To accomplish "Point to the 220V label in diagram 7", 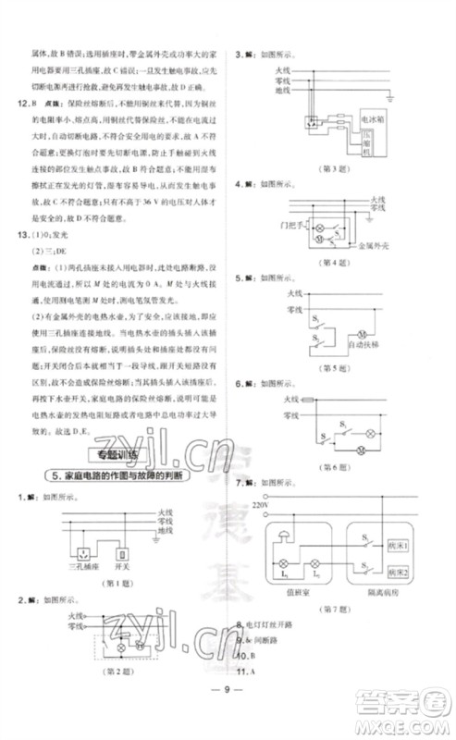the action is [x=258, y=506].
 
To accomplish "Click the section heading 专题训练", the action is [x=110, y=454].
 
